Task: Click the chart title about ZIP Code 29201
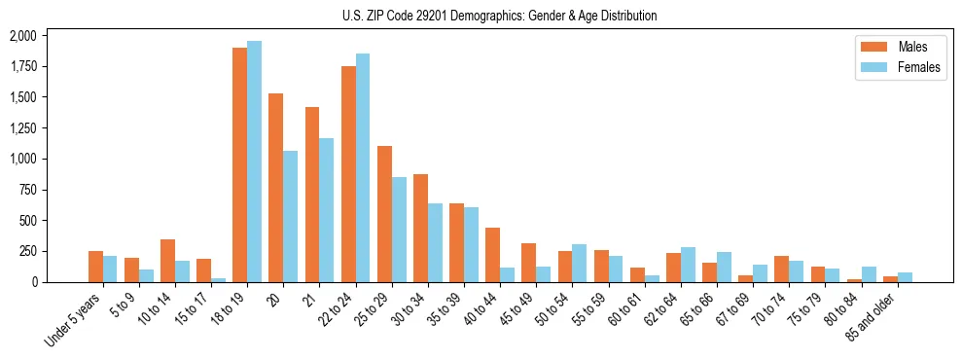500,16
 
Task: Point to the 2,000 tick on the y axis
22,36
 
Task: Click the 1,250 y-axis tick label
22,128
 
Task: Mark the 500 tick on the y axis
27,221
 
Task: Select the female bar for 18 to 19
254,162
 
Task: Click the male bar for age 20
275,188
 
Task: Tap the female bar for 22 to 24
363,167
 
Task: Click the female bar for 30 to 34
435,242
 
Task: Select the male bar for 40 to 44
492,255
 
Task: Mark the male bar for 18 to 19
239,164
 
